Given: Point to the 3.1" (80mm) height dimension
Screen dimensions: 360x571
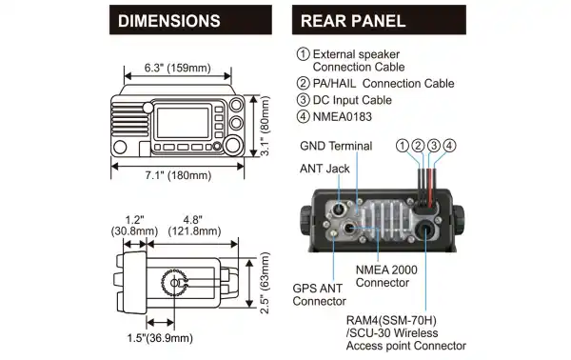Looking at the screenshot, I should (267, 122).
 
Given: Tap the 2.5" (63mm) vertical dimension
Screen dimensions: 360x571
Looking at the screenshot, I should (267, 283).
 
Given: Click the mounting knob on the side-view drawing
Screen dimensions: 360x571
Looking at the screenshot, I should (174, 283).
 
